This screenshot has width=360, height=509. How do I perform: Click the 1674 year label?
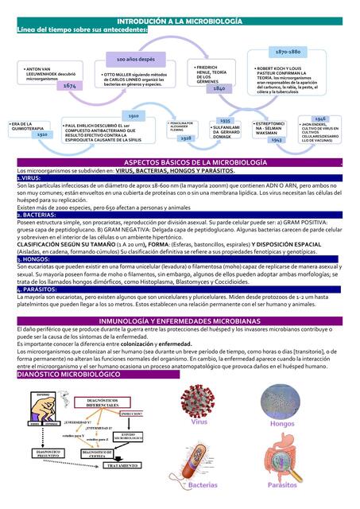click(x=70, y=85)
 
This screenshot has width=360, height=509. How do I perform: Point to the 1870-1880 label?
click(x=287, y=51)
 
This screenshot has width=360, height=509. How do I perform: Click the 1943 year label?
click(x=277, y=139)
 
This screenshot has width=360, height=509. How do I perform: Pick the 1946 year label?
click(x=320, y=118)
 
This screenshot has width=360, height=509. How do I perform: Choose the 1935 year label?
click(x=225, y=120)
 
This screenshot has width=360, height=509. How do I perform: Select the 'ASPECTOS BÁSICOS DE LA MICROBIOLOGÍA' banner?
click(x=180, y=162)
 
